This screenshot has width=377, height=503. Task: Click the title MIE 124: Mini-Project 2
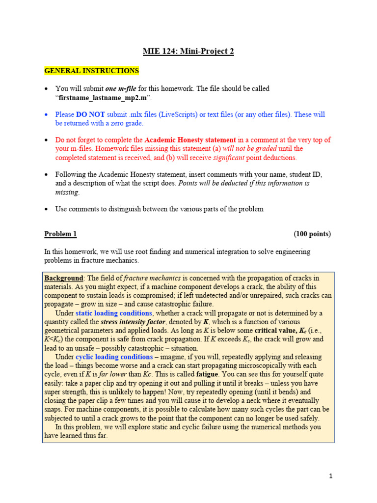pyautogui.click(x=188, y=52)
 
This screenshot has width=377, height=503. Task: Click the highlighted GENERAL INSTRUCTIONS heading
pyautogui.click(x=92, y=71)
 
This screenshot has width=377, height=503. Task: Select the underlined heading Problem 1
pyautogui.click(x=60, y=234)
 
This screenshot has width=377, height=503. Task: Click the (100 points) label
pyautogui.click(x=312, y=234)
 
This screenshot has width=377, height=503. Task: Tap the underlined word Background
pyautogui.click(x=64, y=279)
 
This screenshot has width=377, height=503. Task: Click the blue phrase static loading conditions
pyautogui.click(x=114, y=313)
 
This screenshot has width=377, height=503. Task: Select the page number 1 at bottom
pyautogui.click(x=331, y=476)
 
